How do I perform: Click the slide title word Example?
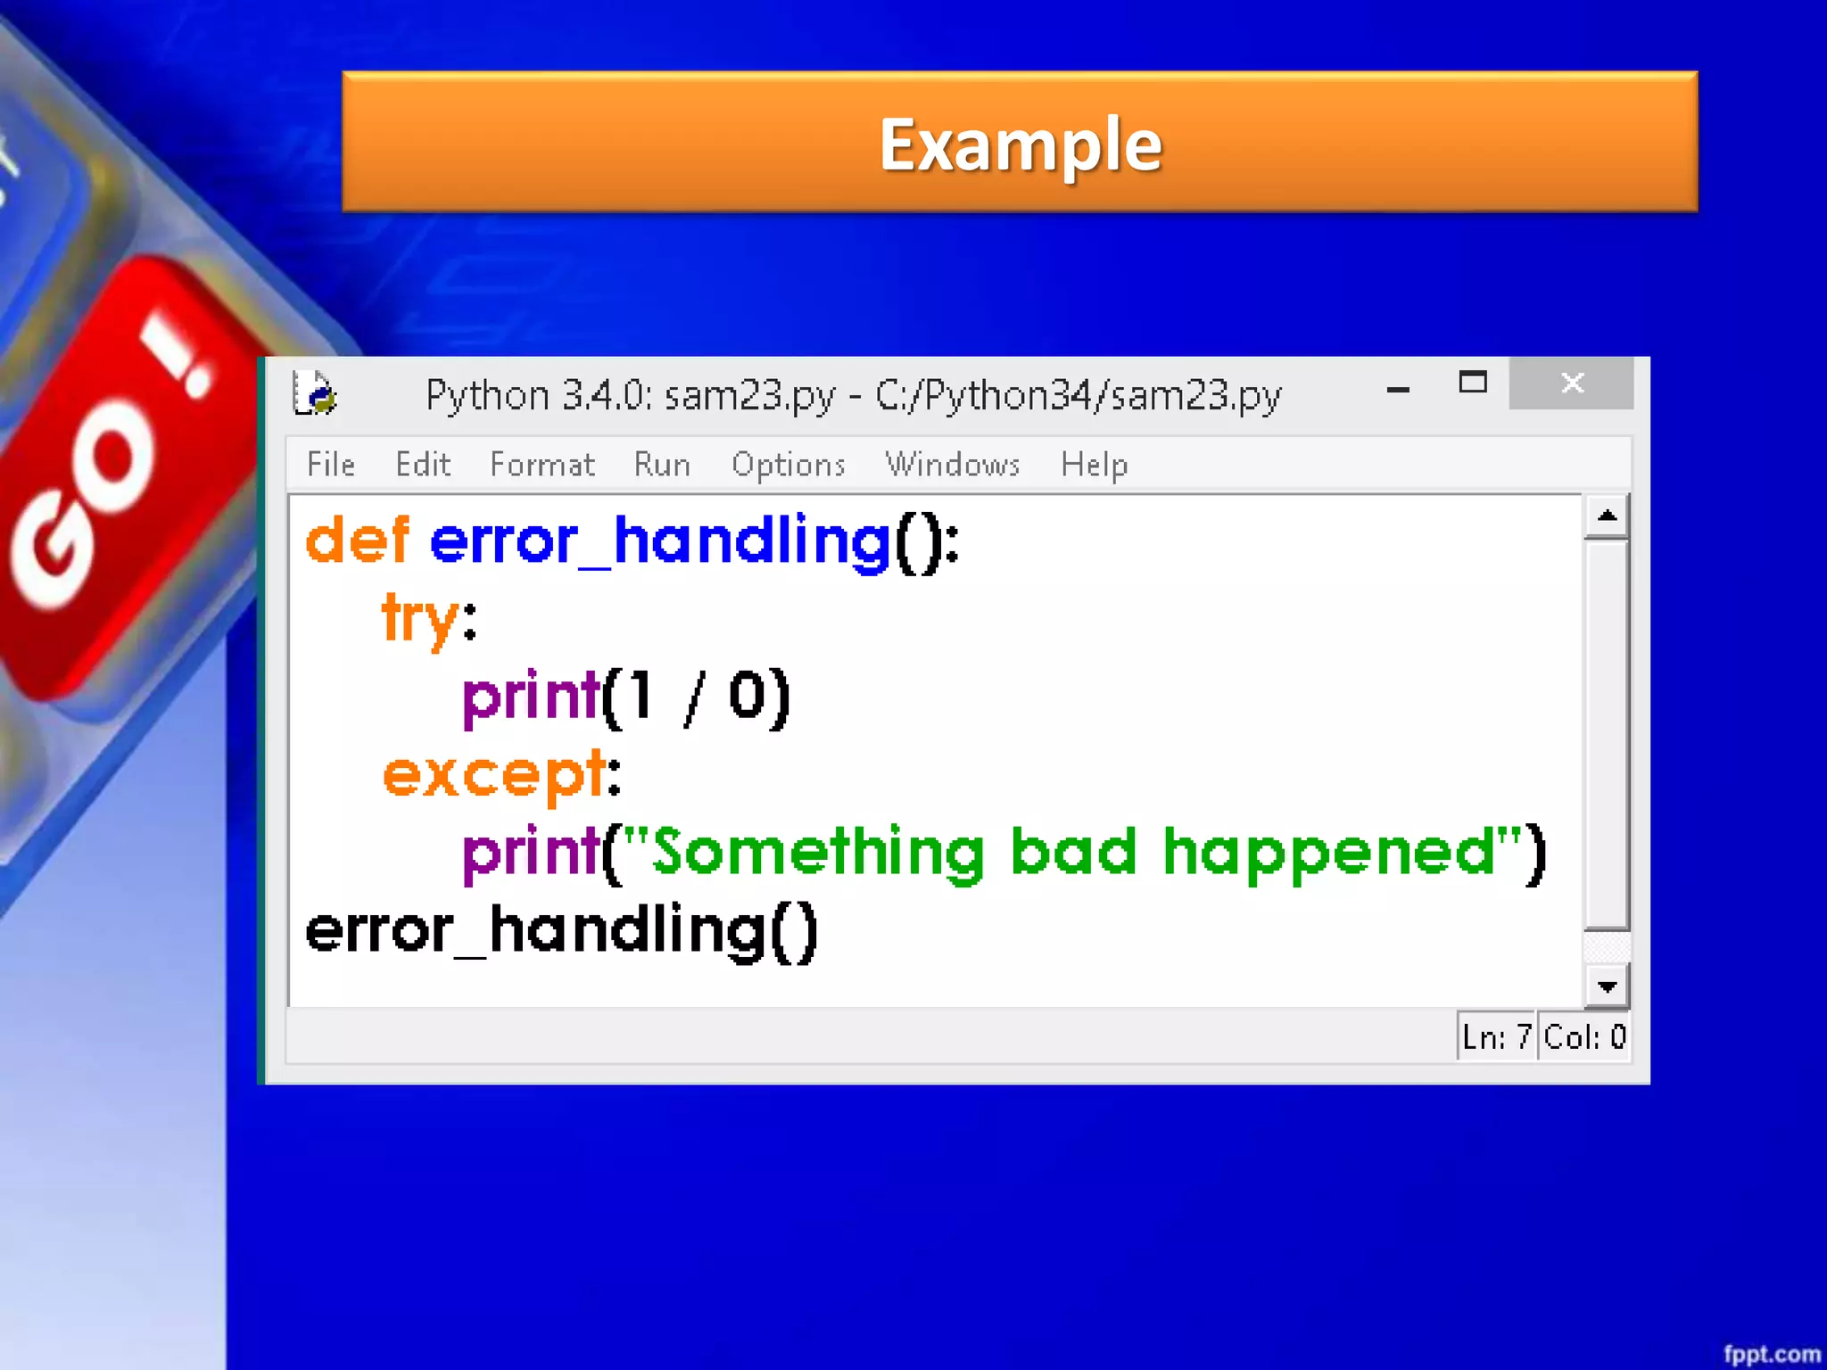point(1021,144)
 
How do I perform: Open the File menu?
point(331,465)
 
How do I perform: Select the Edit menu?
point(423,465)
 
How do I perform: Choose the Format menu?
point(542,465)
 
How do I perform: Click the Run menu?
point(662,465)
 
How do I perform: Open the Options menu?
point(789,465)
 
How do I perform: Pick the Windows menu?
point(952,465)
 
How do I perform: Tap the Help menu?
point(1095,465)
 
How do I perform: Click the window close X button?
point(1572,384)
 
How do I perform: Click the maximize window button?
point(1473,383)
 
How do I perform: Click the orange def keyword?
point(357,541)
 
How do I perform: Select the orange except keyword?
point(494,774)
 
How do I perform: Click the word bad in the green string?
point(1074,851)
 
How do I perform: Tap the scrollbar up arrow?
point(1607,516)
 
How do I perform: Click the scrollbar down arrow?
point(1607,986)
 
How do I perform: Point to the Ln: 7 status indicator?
point(1497,1037)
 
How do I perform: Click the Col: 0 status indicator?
point(1584,1037)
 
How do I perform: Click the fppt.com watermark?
point(1771,1354)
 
